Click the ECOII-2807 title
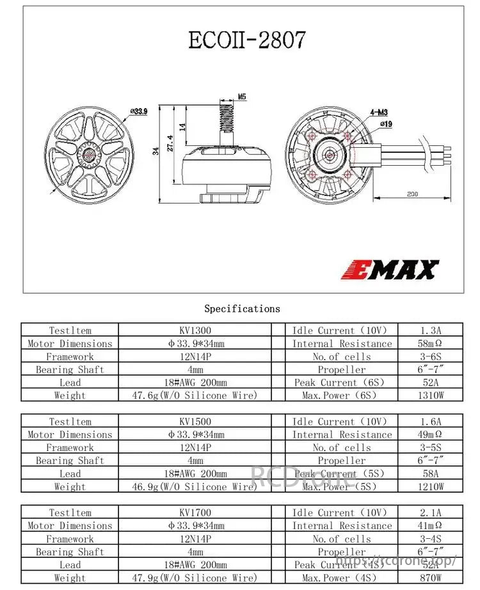[246, 40]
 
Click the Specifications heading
[242, 308]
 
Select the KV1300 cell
[195, 331]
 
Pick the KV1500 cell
[195, 422]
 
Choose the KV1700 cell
[195, 513]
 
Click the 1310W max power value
[430, 395]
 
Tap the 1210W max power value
[430, 487]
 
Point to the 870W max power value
[430, 578]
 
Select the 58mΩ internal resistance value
[430, 344]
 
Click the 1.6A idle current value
[430, 422]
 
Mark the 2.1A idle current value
[430, 513]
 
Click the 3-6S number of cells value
[430, 356]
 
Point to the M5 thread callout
[241, 97]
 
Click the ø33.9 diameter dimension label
[138, 111]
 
